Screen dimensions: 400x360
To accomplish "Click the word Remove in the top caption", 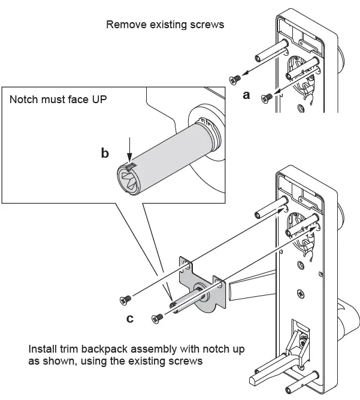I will coord(123,25).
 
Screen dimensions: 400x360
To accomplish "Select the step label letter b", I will coord(105,154).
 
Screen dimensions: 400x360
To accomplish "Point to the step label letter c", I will coord(130,318).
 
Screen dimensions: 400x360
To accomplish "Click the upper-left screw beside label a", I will coord(234,77).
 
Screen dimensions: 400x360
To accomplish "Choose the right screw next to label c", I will coord(158,318).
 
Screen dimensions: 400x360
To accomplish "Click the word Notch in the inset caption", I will coord(22,99).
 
